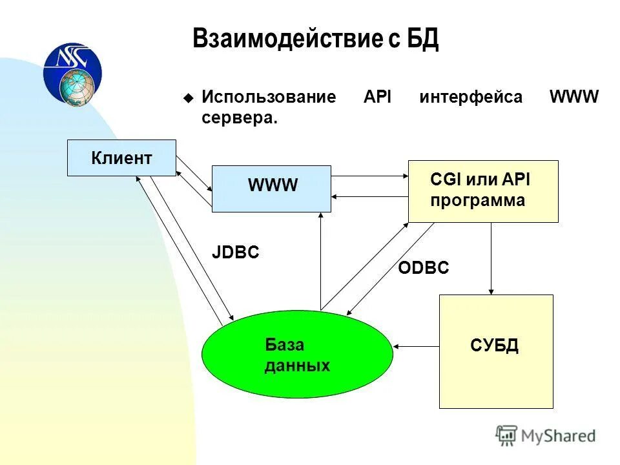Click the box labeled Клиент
pyautogui.click(x=121, y=158)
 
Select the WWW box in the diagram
pyautogui.click(x=271, y=189)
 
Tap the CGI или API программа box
pyautogui.click(x=482, y=191)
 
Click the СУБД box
pyautogui.click(x=495, y=351)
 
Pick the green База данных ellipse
pyautogui.click(x=297, y=355)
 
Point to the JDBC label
pyautogui.click(x=236, y=253)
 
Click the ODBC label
pyautogui.click(x=423, y=268)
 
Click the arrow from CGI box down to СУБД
pyautogui.click(x=491, y=258)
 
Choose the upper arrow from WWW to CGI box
pyautogui.click(x=369, y=176)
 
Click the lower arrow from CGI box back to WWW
pyautogui.click(x=369, y=196)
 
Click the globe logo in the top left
pyautogui.click(x=72, y=74)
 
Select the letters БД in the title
pyautogui.click(x=422, y=40)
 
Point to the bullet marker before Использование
pyautogui.click(x=188, y=99)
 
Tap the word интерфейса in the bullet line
pyautogui.click(x=471, y=98)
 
